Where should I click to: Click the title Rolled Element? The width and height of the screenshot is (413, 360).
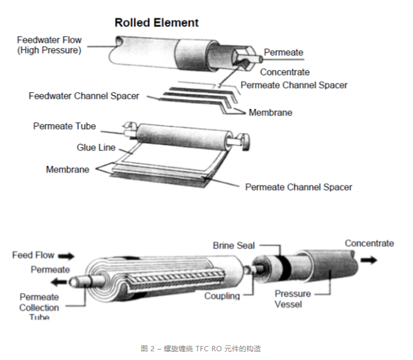[156, 23]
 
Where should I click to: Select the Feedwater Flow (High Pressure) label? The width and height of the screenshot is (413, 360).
[49, 45]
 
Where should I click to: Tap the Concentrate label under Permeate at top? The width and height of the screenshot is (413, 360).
[284, 72]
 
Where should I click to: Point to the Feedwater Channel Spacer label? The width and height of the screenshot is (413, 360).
[84, 96]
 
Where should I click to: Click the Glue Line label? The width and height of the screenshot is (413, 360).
[96, 148]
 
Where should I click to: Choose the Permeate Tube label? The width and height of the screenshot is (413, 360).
[64, 126]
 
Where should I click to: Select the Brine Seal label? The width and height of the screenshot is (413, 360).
[234, 246]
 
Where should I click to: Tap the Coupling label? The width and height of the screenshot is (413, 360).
[222, 296]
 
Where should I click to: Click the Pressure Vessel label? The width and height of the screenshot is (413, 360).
[293, 299]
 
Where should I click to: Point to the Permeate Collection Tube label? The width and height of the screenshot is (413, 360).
[39, 307]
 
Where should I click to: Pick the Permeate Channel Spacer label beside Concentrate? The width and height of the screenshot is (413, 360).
[294, 85]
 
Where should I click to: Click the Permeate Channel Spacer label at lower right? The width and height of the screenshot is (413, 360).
[299, 187]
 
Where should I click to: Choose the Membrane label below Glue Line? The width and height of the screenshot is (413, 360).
[68, 170]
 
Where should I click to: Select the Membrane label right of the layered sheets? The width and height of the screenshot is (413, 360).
[270, 112]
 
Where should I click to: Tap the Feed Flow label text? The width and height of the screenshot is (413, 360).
[33, 255]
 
